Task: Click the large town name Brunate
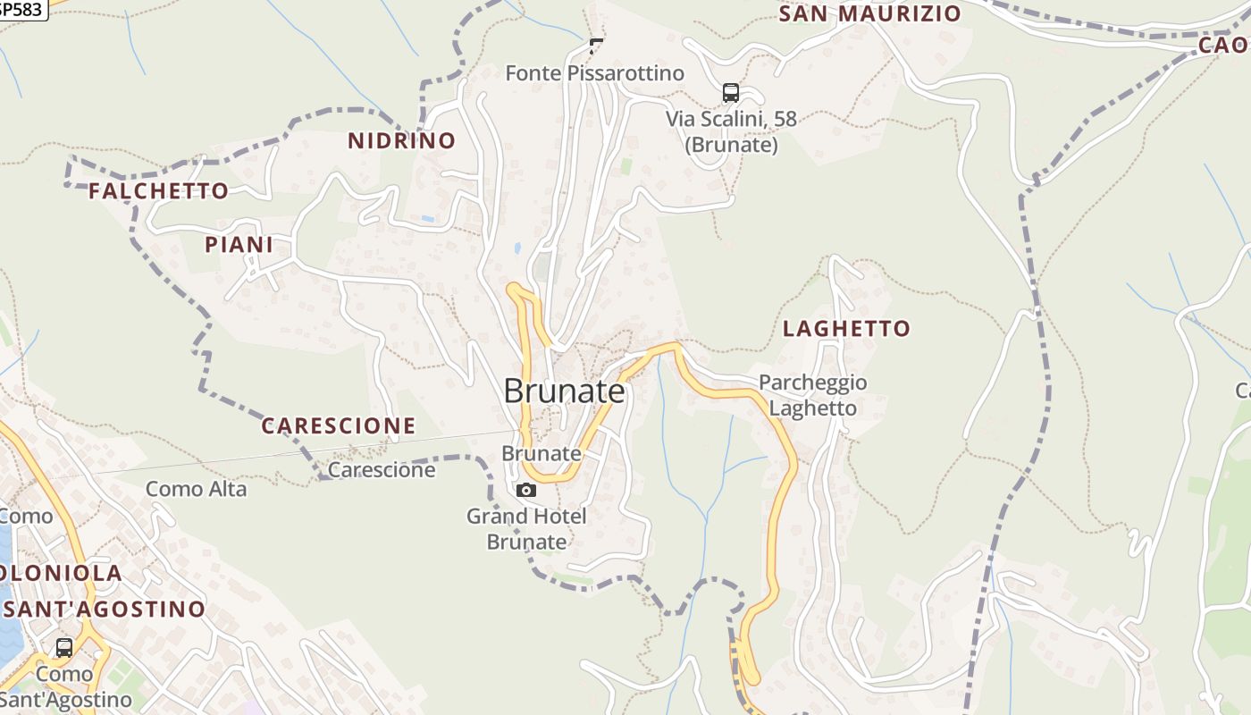pyautogui.click(x=564, y=391)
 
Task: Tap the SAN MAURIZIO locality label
pyautogui.click(x=869, y=14)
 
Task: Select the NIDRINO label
pyautogui.click(x=401, y=140)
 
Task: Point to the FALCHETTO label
pyautogui.click(x=158, y=191)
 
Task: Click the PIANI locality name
pyautogui.click(x=239, y=245)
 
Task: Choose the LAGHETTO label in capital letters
pyautogui.click(x=846, y=329)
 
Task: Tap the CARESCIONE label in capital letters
pyautogui.click(x=338, y=426)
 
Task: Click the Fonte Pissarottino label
pyautogui.click(x=594, y=73)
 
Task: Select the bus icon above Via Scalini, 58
pyautogui.click(x=730, y=92)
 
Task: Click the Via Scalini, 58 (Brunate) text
pyautogui.click(x=731, y=131)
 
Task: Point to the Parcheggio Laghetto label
pyautogui.click(x=813, y=395)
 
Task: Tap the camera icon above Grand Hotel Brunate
pyautogui.click(x=526, y=490)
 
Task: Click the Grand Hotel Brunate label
pyautogui.click(x=526, y=528)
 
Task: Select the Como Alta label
pyautogui.click(x=196, y=489)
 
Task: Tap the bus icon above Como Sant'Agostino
pyautogui.click(x=64, y=647)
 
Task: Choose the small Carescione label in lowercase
pyautogui.click(x=382, y=470)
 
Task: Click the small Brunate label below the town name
pyautogui.click(x=541, y=453)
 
